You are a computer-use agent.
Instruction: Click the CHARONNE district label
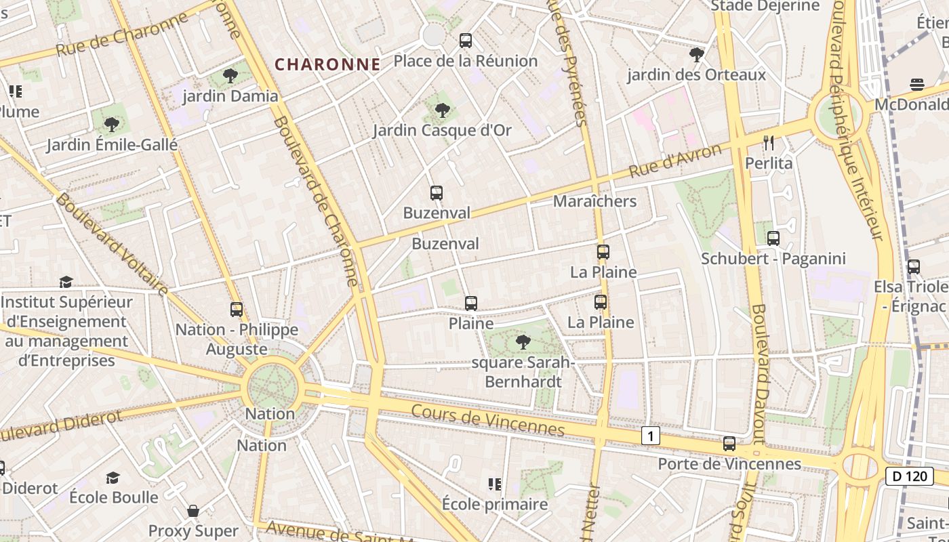pyautogui.click(x=327, y=64)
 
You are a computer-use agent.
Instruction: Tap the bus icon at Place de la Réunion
pyautogui.click(x=466, y=41)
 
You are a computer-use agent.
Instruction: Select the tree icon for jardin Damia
pyautogui.click(x=230, y=75)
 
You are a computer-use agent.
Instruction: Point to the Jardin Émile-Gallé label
pyautogui.click(x=112, y=145)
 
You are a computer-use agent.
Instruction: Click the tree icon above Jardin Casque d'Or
pyautogui.click(x=443, y=110)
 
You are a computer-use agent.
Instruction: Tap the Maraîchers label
pyautogui.click(x=594, y=201)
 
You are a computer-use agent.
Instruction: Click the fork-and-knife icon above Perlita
pyautogui.click(x=769, y=142)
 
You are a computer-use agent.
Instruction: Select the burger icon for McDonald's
pyautogui.click(x=917, y=85)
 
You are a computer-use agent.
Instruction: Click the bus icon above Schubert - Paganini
pyautogui.click(x=773, y=238)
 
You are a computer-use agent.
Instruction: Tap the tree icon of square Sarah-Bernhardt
pyautogui.click(x=523, y=342)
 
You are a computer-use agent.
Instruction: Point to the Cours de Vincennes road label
pyautogui.click(x=487, y=420)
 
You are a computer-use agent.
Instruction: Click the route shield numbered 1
pyautogui.click(x=651, y=436)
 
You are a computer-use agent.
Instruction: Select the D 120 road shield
pyautogui.click(x=910, y=476)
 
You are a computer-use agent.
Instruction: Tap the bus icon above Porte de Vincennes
pyautogui.click(x=729, y=444)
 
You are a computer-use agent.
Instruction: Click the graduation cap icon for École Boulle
pyautogui.click(x=113, y=478)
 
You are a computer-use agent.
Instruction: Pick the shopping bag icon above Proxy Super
pyautogui.click(x=193, y=510)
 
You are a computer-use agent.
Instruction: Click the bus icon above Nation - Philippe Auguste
pyautogui.click(x=237, y=310)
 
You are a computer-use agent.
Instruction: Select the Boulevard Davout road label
pyautogui.click(x=759, y=366)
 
